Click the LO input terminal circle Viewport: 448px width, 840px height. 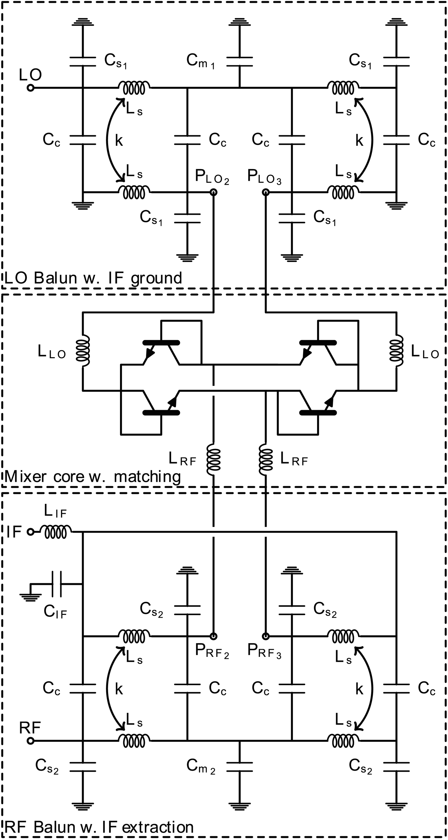30,88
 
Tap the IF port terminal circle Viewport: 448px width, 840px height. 30,532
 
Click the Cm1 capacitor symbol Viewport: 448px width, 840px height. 239,62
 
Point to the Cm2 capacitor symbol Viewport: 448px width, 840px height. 239,767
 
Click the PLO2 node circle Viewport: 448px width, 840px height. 213,192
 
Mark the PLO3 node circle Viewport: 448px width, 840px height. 266,192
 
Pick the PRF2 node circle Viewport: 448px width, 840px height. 213,636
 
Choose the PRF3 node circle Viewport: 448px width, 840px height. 266,636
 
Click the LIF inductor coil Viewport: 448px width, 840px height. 56,532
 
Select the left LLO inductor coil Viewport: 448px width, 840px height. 83,351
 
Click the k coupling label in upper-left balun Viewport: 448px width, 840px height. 119,141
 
